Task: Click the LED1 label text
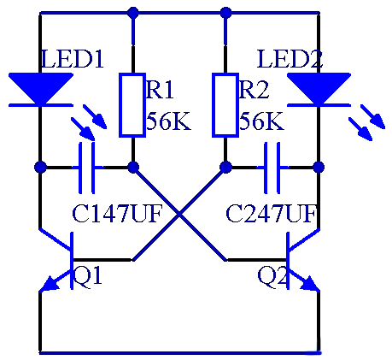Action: [x=73, y=59]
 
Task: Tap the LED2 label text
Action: [x=290, y=59]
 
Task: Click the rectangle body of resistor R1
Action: [x=132, y=105]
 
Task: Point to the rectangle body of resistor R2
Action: [x=225, y=105]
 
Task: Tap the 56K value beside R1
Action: [x=168, y=121]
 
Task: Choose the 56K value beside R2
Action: [x=261, y=121]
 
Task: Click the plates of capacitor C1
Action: [x=86, y=168]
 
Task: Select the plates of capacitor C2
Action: [x=272, y=168]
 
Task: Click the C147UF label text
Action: [x=117, y=214]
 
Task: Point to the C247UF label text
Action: [x=271, y=214]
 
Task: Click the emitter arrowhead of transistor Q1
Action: [x=49, y=284]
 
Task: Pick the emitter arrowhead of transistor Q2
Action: [x=310, y=284]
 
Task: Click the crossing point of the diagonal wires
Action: [x=179, y=214]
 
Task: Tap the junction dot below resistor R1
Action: [x=132, y=167]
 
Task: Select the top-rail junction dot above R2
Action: [x=225, y=13]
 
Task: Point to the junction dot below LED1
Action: [x=40, y=167]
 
